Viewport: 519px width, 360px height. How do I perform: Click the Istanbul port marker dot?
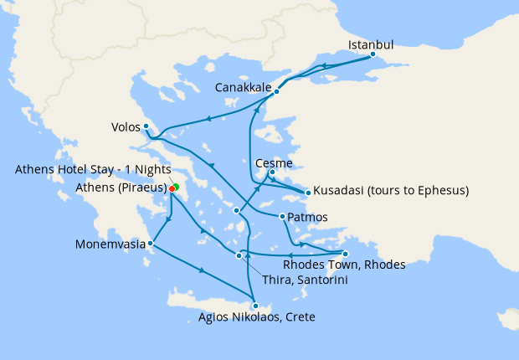tap(373, 56)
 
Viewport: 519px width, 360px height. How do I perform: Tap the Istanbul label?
tap(370, 44)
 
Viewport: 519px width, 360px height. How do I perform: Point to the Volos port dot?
tap(146, 126)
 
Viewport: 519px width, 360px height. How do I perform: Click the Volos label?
tap(126, 128)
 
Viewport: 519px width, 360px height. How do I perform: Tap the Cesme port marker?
tap(271, 173)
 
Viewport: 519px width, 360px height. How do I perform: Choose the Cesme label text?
tap(274, 163)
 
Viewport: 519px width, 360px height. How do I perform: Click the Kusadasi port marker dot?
tap(308, 193)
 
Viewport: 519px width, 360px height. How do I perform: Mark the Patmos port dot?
tap(283, 218)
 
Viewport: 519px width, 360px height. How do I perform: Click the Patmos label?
tap(307, 218)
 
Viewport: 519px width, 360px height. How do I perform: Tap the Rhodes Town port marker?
tap(345, 254)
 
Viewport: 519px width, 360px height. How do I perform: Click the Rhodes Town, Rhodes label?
tap(344, 265)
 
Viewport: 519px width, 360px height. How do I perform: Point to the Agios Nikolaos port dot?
tap(255, 306)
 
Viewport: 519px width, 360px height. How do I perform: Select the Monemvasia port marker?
tap(150, 244)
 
